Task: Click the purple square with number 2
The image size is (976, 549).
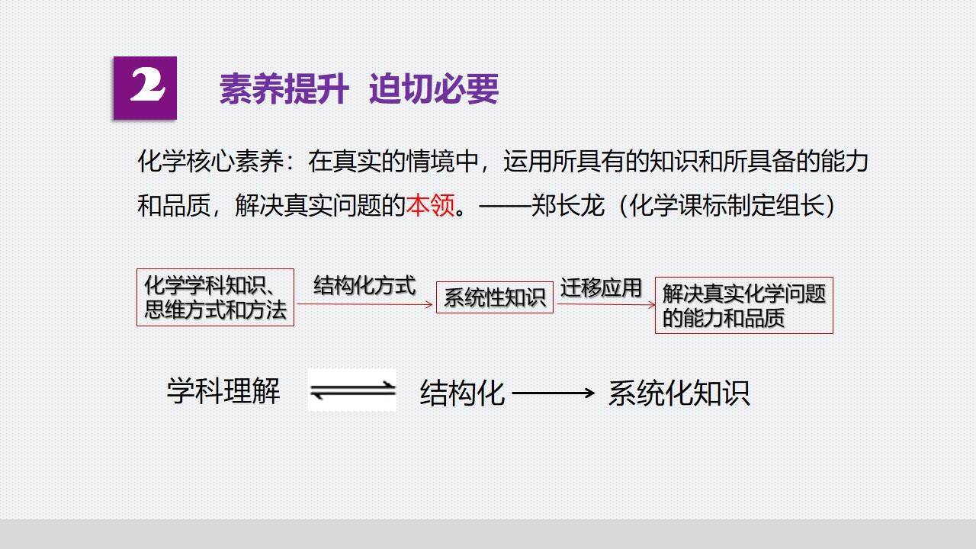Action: click(145, 88)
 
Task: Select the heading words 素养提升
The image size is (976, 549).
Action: click(284, 89)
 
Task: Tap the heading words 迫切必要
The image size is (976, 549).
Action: click(434, 89)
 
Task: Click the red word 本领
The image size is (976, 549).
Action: click(431, 205)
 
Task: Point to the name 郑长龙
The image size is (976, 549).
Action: click(568, 205)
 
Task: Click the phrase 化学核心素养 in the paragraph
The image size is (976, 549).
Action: click(210, 161)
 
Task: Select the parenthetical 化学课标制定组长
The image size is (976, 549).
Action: click(727, 205)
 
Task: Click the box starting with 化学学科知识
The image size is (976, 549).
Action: click(215, 297)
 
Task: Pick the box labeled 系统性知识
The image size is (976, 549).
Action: click(495, 297)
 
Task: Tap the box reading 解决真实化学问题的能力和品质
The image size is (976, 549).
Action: click(743, 305)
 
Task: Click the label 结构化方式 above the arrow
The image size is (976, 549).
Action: click(364, 286)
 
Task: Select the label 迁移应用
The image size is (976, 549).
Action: click(601, 288)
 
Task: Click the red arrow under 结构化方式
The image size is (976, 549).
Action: click(364, 304)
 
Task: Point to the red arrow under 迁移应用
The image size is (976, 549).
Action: click(606, 304)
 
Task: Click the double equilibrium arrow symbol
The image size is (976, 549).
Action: click(352, 390)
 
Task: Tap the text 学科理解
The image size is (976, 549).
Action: click(223, 391)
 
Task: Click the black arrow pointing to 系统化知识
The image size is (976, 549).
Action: click(554, 393)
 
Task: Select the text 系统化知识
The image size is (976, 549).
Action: click(679, 393)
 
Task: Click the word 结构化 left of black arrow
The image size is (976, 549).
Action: click(462, 393)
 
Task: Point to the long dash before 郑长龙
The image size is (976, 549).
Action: click(505, 205)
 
